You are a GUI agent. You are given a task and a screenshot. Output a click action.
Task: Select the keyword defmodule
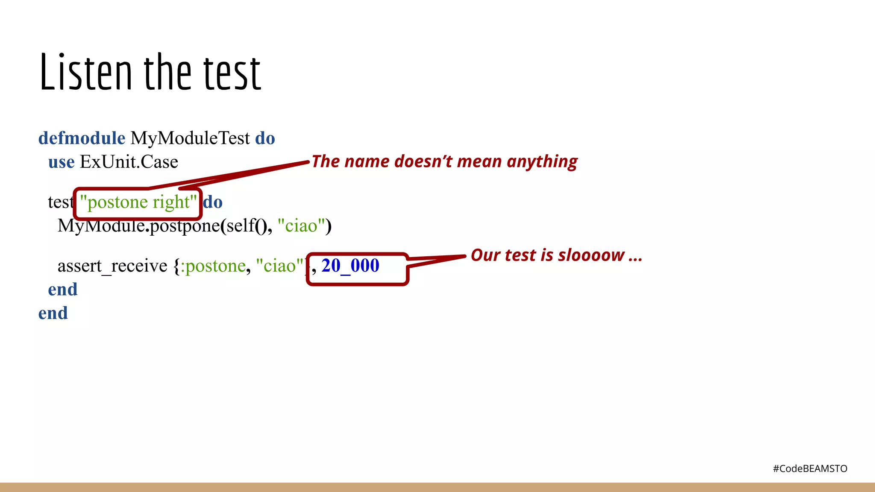[x=82, y=138]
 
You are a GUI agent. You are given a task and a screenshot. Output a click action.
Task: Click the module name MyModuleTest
[x=190, y=138]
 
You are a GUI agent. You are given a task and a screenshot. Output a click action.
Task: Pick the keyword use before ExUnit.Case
[x=61, y=162]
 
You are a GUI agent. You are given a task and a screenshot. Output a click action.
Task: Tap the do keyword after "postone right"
[x=213, y=202]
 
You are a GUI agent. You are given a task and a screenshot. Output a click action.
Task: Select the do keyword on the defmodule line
[x=265, y=138]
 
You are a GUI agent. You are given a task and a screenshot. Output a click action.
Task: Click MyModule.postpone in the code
[x=139, y=226]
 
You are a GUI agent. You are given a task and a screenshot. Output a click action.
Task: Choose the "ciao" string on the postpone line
[x=302, y=226]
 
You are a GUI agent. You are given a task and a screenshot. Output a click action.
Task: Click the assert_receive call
[x=112, y=266]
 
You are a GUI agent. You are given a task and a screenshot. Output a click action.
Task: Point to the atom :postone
[x=213, y=266]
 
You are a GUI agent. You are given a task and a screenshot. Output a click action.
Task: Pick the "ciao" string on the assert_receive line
[x=280, y=266]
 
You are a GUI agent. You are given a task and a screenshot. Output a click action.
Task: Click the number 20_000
[x=350, y=266]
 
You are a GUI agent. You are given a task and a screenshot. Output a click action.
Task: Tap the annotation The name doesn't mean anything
[x=444, y=162]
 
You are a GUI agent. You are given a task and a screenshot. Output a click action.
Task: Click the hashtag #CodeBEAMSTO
[x=810, y=469]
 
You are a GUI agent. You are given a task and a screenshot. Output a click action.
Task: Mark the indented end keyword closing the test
[x=63, y=290]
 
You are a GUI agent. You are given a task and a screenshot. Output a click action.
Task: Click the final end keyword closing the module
[x=53, y=313]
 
